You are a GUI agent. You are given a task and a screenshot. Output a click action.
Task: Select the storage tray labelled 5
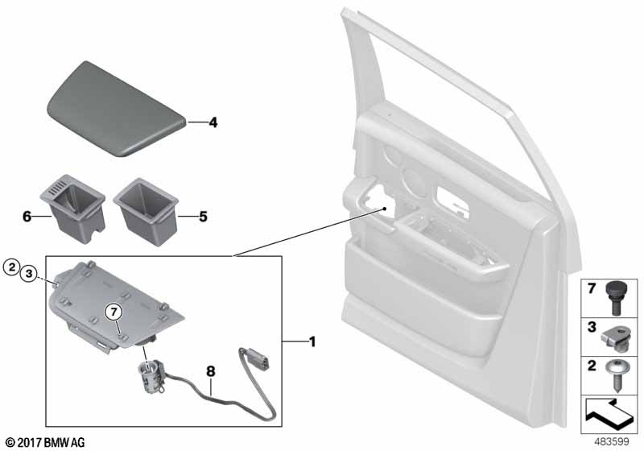[147, 210]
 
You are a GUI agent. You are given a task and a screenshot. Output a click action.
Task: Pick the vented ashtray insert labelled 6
[73, 208]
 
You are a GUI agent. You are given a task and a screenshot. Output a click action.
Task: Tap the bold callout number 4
[213, 122]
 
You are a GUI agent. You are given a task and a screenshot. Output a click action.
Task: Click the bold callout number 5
[204, 217]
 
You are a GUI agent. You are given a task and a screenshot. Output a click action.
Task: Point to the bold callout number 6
[27, 217]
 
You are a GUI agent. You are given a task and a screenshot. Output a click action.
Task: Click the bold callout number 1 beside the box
[312, 341]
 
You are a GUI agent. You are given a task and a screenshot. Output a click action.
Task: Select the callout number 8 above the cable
[210, 372]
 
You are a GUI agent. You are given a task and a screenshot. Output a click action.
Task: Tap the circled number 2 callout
[12, 267]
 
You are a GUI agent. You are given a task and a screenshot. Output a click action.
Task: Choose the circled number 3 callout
[29, 274]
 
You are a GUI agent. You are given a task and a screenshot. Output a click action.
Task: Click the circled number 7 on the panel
[114, 312]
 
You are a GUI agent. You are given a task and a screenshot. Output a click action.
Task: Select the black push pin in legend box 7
[614, 298]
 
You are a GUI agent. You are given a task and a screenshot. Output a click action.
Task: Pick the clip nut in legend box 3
[615, 339]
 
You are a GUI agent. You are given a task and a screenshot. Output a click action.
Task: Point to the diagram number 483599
[612, 441]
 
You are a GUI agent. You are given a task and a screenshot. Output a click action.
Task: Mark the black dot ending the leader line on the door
[385, 209]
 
